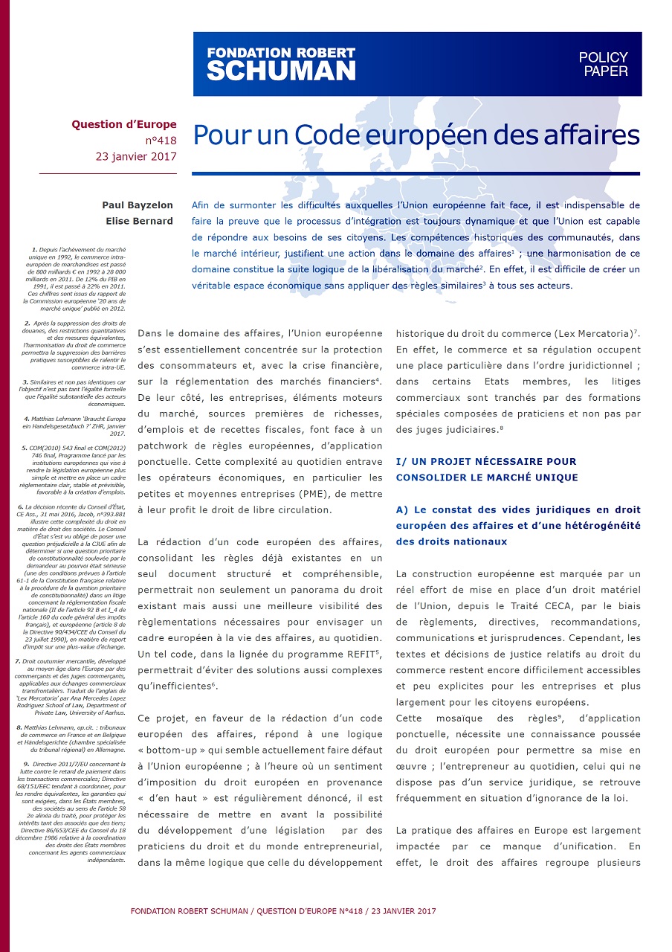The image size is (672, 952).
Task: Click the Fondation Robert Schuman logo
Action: pyautogui.click(x=281, y=63)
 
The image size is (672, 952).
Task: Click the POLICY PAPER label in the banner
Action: pyautogui.click(x=604, y=64)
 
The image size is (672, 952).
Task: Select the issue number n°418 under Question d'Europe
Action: pyautogui.click(x=161, y=140)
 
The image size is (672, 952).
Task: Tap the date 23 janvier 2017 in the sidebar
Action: pyautogui.click(x=136, y=156)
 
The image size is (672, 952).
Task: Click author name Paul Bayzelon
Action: pyautogui.click(x=139, y=205)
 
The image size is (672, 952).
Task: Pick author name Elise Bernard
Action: pyautogui.click(x=141, y=220)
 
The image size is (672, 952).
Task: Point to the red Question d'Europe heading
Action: pyautogui.click(x=124, y=124)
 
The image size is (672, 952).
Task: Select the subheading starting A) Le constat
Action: pyautogui.click(x=518, y=525)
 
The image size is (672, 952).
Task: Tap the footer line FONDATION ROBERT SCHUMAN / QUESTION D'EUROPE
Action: pyautogui.click(x=282, y=911)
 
